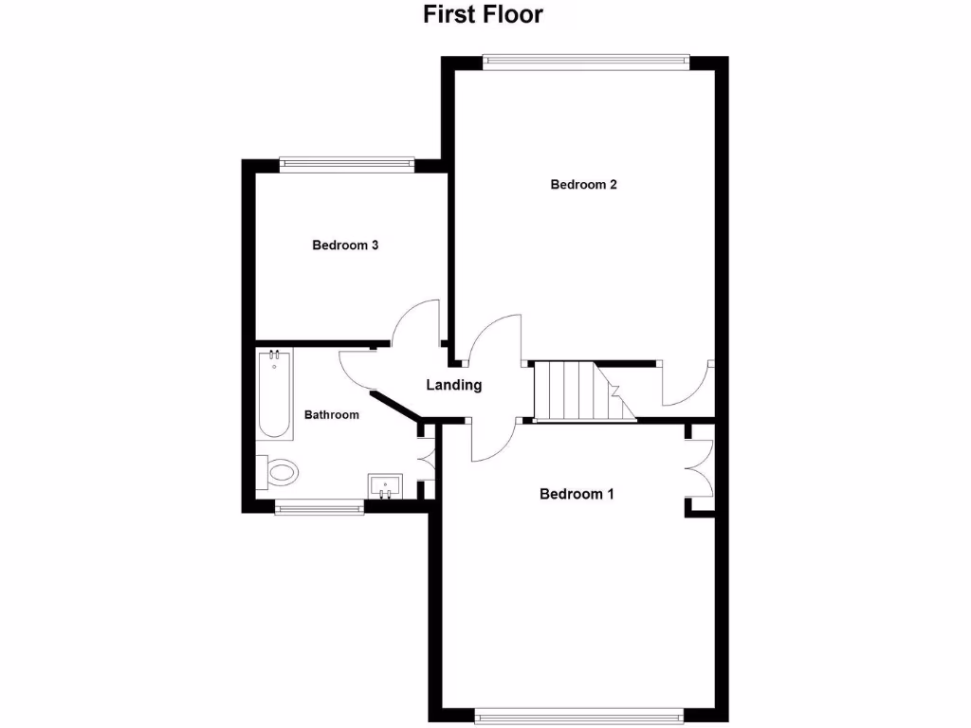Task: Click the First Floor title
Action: (x=483, y=15)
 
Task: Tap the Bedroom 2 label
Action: (x=584, y=185)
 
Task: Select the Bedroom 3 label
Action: (x=346, y=246)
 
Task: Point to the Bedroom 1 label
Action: (x=577, y=494)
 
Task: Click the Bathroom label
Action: (x=331, y=415)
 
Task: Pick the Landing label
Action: (x=454, y=386)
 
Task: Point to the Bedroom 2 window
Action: (x=584, y=63)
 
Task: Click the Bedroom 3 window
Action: (x=348, y=164)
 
